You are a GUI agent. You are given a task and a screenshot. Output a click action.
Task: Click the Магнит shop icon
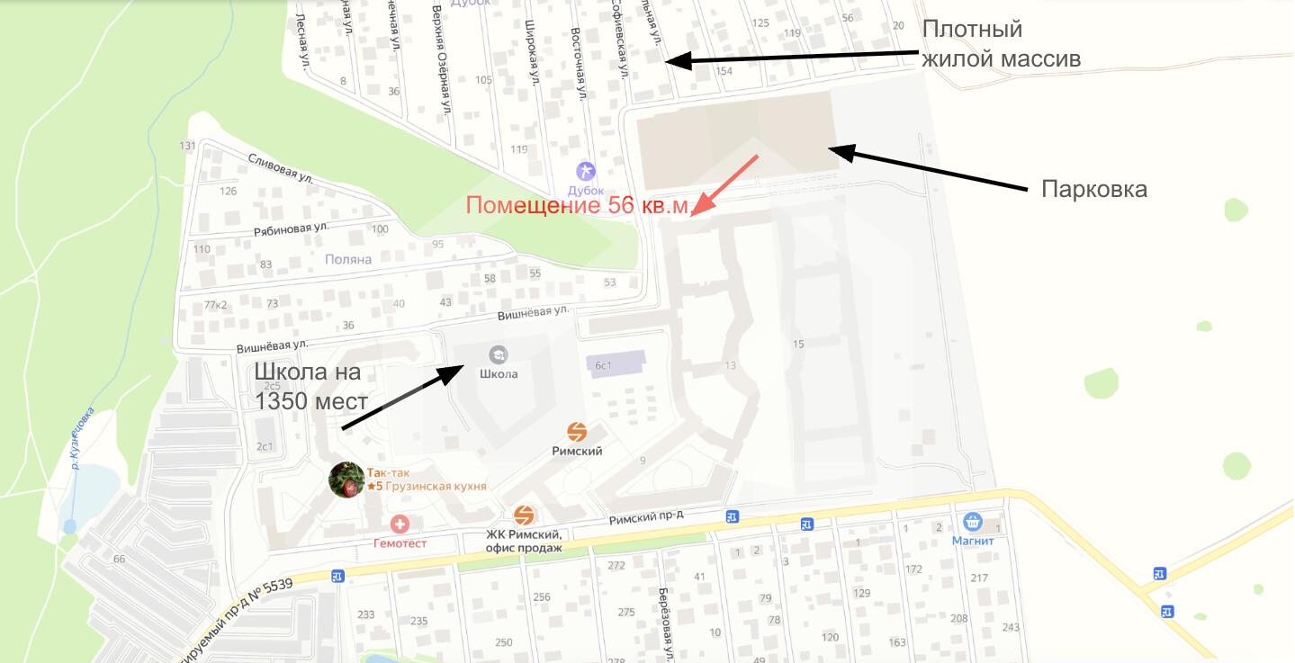[972, 522]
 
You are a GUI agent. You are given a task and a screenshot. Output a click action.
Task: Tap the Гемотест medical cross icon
[400, 524]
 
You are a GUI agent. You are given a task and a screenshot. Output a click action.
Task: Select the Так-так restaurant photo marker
[346, 480]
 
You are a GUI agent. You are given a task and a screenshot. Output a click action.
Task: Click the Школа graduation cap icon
[498, 354]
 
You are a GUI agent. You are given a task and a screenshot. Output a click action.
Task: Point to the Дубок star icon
[586, 171]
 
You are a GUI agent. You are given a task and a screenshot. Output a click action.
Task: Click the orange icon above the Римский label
[577, 433]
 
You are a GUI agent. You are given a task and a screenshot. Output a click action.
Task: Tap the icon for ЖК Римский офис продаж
[524, 515]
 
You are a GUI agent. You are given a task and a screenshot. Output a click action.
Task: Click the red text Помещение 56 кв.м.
[578, 206]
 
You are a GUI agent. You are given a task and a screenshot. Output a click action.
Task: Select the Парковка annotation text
[1093, 190]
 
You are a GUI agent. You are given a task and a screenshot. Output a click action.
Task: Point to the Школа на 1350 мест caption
[311, 386]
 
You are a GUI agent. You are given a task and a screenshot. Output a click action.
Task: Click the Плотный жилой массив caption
[1000, 43]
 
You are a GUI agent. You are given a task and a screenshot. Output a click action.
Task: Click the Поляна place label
[348, 259]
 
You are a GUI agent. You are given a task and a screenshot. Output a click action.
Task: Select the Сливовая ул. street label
[281, 168]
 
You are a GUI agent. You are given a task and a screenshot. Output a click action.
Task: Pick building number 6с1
[602, 365]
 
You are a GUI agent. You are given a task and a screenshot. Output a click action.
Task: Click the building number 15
[798, 344]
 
